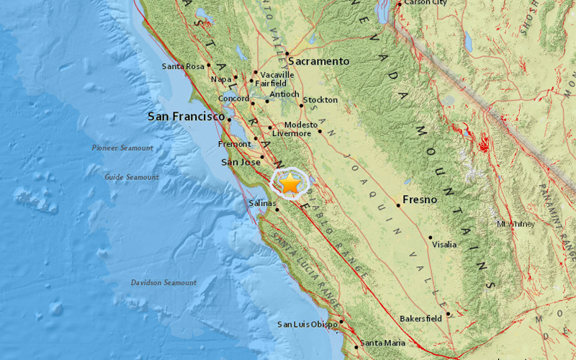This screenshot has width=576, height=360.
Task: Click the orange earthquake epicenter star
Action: pyautogui.click(x=289, y=184)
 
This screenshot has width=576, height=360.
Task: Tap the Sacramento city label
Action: pyautogui.click(x=320, y=62)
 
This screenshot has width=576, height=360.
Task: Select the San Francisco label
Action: pyautogui.click(x=186, y=116)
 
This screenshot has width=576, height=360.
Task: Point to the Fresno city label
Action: pyautogui.click(x=420, y=199)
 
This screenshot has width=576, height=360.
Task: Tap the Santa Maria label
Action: pyautogui.click(x=384, y=343)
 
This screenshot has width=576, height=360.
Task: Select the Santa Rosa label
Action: pyautogui.click(x=184, y=67)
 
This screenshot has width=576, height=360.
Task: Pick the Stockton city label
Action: pyautogui.click(x=320, y=99)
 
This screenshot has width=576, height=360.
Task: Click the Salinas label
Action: pyautogui.click(x=262, y=204)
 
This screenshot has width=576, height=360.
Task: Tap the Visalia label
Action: pyautogui.click(x=444, y=245)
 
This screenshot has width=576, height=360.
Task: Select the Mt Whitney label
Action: pyautogui.click(x=516, y=224)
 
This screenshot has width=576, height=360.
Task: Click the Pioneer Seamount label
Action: pyautogui.click(x=122, y=148)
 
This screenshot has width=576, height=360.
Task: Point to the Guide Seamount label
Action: pyautogui.click(x=132, y=177)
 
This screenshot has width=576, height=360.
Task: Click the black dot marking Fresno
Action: pyautogui.click(x=398, y=204)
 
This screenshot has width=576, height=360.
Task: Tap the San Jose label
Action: pyautogui.click(x=240, y=162)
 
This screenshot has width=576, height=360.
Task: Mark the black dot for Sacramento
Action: pyautogui.click(x=287, y=53)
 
